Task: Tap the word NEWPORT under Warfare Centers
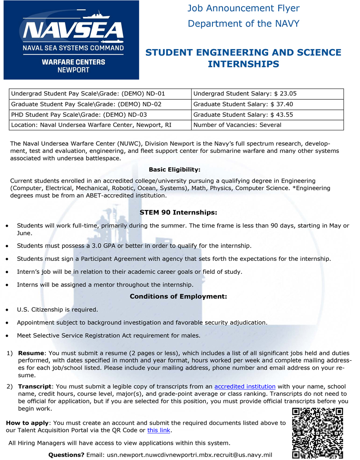point(73,70)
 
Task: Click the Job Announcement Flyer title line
point(243,9)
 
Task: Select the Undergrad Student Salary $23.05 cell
point(267,94)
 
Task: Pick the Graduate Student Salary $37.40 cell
point(267,104)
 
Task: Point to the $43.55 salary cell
point(267,115)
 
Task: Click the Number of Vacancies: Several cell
point(267,125)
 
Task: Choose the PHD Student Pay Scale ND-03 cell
point(100,115)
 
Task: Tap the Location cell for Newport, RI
point(100,125)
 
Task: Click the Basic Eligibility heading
point(174,170)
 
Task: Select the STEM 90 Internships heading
point(178,212)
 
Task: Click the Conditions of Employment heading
point(178,296)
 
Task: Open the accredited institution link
point(245,386)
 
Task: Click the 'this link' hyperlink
point(159,430)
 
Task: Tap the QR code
point(317,432)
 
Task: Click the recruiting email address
point(189,455)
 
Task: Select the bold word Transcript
point(35,386)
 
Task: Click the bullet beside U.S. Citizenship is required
point(6,310)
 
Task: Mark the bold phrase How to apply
point(27,423)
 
